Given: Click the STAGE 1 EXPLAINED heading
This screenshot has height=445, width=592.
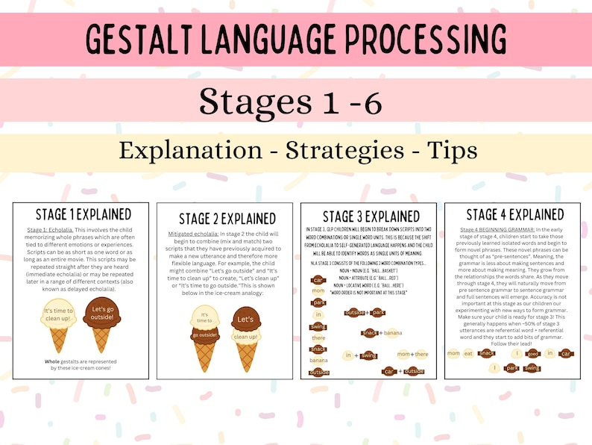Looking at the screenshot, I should (x=83, y=214).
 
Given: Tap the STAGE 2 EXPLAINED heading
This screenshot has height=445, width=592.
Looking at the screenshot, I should (x=227, y=219).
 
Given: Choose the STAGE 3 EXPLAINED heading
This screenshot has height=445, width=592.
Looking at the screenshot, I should (x=370, y=217).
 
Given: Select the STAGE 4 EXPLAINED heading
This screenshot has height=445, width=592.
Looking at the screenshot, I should (x=514, y=214).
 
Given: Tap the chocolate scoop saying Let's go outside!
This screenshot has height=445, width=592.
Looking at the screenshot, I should (x=102, y=311).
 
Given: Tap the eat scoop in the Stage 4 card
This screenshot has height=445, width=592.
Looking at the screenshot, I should (x=468, y=353).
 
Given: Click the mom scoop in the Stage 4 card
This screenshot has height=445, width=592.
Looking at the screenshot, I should (x=453, y=353).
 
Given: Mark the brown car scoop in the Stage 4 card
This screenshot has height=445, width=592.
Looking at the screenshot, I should (x=565, y=353).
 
